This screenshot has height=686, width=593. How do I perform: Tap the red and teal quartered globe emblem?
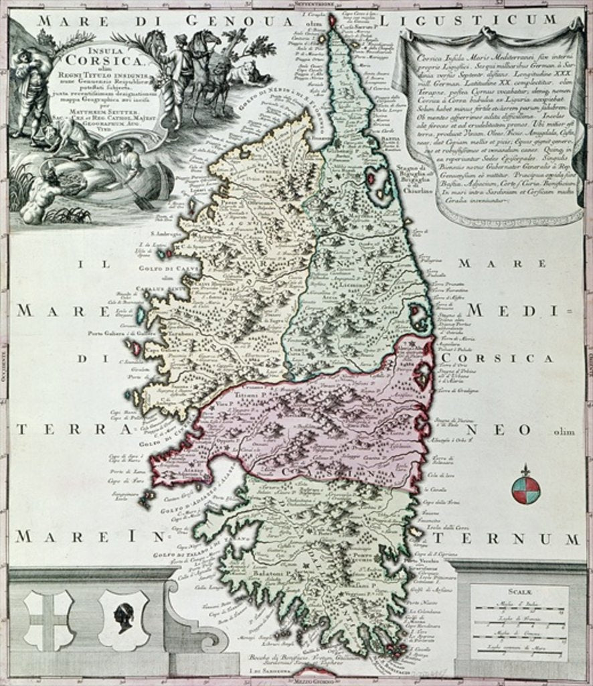[525, 490]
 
